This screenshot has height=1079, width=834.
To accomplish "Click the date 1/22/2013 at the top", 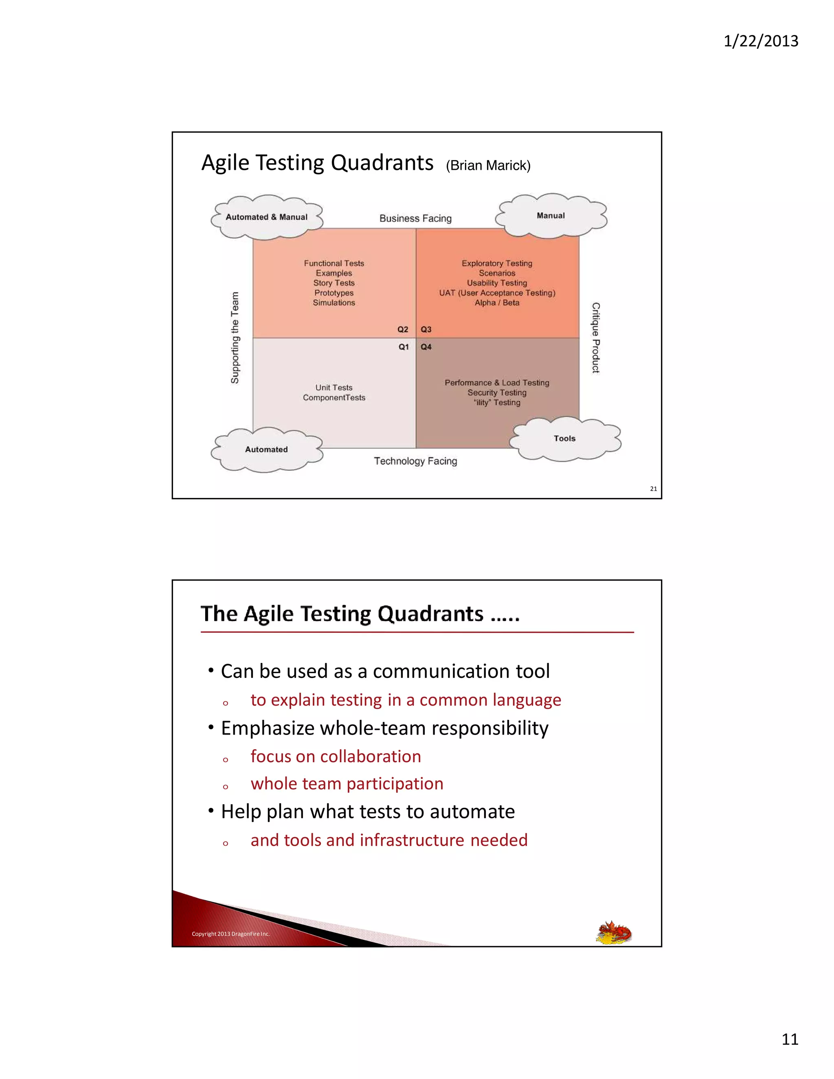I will click(760, 41).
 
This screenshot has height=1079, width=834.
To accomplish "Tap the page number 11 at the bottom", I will click(790, 1039).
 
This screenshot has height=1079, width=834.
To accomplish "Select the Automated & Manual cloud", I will click(266, 217).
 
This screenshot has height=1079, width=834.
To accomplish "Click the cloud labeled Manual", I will click(551, 216).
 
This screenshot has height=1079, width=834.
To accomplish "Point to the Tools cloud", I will click(564, 439).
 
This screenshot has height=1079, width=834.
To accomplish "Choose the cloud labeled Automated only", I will click(266, 450).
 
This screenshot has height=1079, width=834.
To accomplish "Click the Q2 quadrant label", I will click(403, 329).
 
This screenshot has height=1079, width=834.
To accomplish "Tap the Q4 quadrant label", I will click(426, 347).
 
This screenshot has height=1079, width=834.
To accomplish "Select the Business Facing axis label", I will click(415, 218).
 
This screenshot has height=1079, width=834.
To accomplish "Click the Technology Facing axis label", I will click(415, 461).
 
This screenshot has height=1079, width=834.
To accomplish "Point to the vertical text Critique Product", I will click(596, 338).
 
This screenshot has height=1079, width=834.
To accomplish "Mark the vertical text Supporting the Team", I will click(235, 338).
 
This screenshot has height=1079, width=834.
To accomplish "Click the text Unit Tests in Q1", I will click(334, 388).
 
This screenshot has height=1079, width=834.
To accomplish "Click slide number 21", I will click(653, 489).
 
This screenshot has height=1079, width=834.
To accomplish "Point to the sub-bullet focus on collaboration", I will click(336, 757).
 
